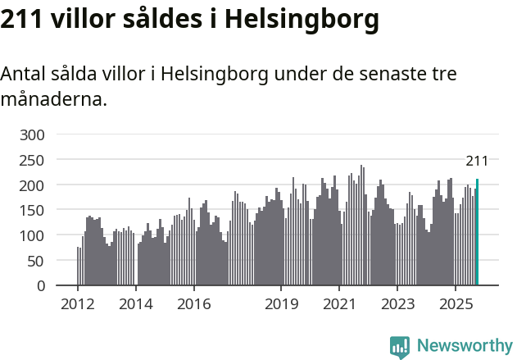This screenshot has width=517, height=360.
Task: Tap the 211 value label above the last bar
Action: (477, 161)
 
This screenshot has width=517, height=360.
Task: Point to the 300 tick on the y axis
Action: (33, 134)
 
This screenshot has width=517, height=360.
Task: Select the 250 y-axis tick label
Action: (33, 160)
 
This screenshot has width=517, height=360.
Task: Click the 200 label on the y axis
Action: (33, 185)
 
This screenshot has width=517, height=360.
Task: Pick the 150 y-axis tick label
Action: (33, 211)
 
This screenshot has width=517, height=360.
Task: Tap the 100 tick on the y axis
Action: (33, 236)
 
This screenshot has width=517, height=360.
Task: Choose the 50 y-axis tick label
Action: (37, 262)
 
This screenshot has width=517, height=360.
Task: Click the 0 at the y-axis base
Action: (41, 286)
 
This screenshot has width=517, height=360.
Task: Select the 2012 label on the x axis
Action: (78, 304)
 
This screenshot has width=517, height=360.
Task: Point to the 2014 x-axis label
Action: (136, 304)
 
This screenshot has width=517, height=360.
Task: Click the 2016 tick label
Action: (193, 304)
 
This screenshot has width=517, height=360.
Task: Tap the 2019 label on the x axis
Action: (281, 304)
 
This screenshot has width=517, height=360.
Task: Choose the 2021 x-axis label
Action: (338, 304)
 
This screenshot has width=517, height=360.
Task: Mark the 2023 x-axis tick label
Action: (397, 304)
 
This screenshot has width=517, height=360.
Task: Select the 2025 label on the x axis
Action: (455, 304)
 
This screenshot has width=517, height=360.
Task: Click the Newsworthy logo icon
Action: (400, 347)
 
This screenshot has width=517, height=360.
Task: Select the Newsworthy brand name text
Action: (464, 346)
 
